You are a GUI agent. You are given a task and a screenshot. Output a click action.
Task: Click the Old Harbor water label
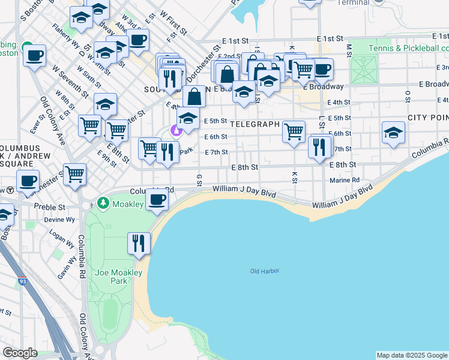pyautogui.click(x=265, y=271)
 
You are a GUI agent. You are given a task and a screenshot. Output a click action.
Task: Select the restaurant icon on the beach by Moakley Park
pyautogui.click(x=138, y=244)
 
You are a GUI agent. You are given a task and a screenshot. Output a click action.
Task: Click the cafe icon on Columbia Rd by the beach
pyautogui.click(x=157, y=200)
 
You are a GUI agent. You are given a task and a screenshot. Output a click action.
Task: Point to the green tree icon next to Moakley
pyautogui.click(x=103, y=204)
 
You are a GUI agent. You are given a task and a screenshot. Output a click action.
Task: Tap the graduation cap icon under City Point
pyautogui.click(x=393, y=133)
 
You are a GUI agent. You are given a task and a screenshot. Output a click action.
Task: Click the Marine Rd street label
pyautogui.click(x=345, y=179)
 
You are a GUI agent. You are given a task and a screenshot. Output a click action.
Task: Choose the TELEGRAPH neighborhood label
pyautogui.click(x=255, y=125)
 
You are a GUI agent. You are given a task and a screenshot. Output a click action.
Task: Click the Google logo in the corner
pyautogui.click(x=19, y=353)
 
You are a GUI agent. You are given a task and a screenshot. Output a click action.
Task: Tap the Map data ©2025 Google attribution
pyautogui.click(x=411, y=355)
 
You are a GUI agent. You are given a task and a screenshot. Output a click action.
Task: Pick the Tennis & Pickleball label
pyautogui.click(x=408, y=48)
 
